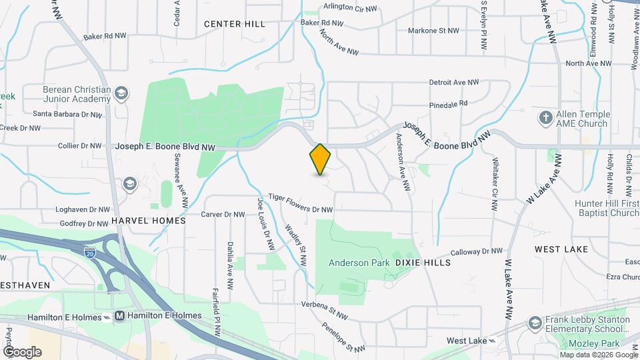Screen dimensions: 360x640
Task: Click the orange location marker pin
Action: point(321,159)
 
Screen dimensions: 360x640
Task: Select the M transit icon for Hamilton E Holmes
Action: point(120,315)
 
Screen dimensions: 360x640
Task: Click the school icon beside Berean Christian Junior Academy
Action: point(121,94)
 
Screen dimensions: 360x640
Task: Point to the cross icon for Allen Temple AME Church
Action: point(545,118)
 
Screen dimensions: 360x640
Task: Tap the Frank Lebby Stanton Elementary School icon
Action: point(534,323)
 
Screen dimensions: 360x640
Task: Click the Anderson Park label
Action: point(359,263)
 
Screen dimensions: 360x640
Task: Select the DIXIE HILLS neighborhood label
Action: point(423,263)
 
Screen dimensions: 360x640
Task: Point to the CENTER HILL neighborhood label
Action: point(235,24)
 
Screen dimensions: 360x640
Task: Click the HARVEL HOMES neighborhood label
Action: point(149,220)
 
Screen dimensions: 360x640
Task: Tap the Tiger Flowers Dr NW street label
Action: point(300,203)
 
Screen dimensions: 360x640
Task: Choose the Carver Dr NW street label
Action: point(224,215)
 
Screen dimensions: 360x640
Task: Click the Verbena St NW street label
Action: point(325,310)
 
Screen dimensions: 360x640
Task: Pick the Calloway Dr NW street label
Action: point(476,252)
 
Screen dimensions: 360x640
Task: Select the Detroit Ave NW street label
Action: point(454,83)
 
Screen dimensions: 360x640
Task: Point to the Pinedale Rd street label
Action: point(449,103)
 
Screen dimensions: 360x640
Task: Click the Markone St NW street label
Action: point(433,31)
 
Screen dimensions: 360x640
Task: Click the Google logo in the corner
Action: point(22,351)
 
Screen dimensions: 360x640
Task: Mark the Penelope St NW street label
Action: point(343,339)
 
